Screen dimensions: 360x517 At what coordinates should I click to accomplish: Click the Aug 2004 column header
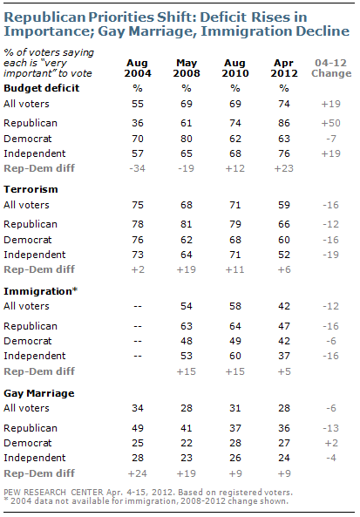click(x=138, y=68)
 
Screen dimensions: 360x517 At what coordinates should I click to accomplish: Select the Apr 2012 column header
click(x=284, y=68)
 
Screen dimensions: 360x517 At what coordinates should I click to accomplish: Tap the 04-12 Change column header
click(x=331, y=68)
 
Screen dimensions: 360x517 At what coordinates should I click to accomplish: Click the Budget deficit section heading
click(x=42, y=88)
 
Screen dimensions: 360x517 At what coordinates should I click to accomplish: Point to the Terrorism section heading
click(x=31, y=189)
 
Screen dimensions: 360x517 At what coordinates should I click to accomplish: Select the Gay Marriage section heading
click(x=39, y=393)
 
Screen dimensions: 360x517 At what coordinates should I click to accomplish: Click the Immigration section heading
click(x=40, y=291)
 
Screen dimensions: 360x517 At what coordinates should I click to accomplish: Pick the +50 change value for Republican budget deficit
click(x=331, y=123)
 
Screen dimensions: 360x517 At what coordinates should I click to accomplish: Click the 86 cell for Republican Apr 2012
click(x=284, y=123)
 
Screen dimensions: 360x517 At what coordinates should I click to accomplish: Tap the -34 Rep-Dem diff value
click(x=138, y=168)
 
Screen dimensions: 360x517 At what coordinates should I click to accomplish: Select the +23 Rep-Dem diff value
click(x=284, y=168)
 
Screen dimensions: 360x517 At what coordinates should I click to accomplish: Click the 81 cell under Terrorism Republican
click(x=187, y=224)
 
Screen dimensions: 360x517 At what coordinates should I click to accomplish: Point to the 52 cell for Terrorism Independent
click(x=284, y=255)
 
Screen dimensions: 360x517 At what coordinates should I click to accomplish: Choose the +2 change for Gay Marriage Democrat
click(x=331, y=443)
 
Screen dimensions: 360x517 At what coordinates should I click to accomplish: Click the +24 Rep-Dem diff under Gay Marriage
click(x=138, y=473)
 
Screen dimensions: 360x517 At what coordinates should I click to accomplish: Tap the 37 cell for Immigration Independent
click(x=284, y=356)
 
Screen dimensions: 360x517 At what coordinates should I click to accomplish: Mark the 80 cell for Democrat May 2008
click(x=187, y=139)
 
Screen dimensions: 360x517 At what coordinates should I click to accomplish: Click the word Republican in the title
click(x=48, y=17)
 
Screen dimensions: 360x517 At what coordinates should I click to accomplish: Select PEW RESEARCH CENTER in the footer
click(x=53, y=493)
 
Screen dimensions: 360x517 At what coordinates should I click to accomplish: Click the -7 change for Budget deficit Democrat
click(x=331, y=139)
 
